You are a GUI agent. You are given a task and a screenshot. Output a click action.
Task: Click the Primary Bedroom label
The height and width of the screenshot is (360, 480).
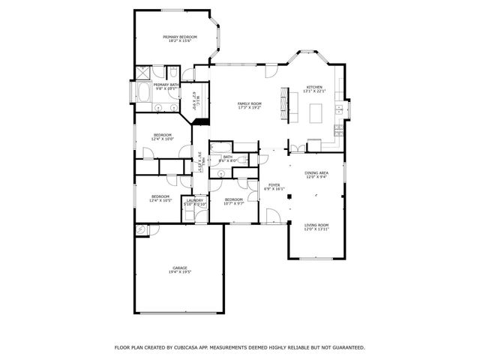tap(180, 38)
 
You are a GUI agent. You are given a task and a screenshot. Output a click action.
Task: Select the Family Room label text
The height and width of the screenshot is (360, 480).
tap(249, 106)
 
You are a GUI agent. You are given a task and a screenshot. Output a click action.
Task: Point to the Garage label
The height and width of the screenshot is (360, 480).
tap(179, 269)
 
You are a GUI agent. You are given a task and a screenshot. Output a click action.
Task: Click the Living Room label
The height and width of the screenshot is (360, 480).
tap(316, 226)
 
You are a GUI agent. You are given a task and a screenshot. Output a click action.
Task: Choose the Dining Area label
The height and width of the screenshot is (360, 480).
tap(316, 175)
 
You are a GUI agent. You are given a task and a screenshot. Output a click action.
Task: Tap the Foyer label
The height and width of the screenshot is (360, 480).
tap(274, 187)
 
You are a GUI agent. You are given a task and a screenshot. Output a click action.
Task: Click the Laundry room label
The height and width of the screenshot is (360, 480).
tap(195, 202)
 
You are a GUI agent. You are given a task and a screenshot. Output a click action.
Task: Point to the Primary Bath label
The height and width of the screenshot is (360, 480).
tap(166, 86)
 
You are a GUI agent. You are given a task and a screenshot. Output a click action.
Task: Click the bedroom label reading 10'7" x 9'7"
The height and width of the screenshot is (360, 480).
tap(235, 201)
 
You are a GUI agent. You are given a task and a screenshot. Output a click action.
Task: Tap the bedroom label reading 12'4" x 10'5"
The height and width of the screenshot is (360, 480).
tap(160, 199)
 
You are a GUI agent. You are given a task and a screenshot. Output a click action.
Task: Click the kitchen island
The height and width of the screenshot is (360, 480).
tap(316, 113)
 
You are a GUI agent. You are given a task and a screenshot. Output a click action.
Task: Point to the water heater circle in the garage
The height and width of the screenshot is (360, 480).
tap(140, 229)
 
